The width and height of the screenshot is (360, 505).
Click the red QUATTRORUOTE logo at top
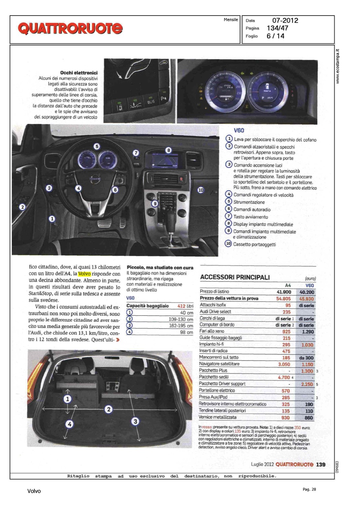click(70, 28)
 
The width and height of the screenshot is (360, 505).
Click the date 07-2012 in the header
click(285, 21)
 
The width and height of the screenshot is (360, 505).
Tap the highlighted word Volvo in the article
click(84, 274)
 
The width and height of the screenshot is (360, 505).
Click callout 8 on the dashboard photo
click(168, 150)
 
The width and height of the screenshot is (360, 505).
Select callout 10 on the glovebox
click(201, 190)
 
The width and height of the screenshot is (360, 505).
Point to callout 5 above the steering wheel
click(97, 146)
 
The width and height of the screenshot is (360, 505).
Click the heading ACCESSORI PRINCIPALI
click(235, 277)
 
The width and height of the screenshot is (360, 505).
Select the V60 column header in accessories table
click(309, 285)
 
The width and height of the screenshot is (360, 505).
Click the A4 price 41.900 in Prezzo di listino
click(284, 292)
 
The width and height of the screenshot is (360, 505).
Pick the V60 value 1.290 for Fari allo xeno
click(307, 332)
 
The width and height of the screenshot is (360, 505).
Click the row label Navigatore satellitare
click(219, 364)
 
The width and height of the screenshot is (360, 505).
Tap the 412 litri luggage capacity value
click(185, 306)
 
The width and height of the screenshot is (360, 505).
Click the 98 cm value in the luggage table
click(186, 332)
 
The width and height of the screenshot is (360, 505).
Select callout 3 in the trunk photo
click(135, 421)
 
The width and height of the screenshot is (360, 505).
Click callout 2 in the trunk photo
click(108, 409)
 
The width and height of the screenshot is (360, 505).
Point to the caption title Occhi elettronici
click(79, 73)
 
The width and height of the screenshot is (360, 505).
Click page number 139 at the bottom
click(321, 465)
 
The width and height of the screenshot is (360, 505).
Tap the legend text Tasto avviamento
click(251, 217)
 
